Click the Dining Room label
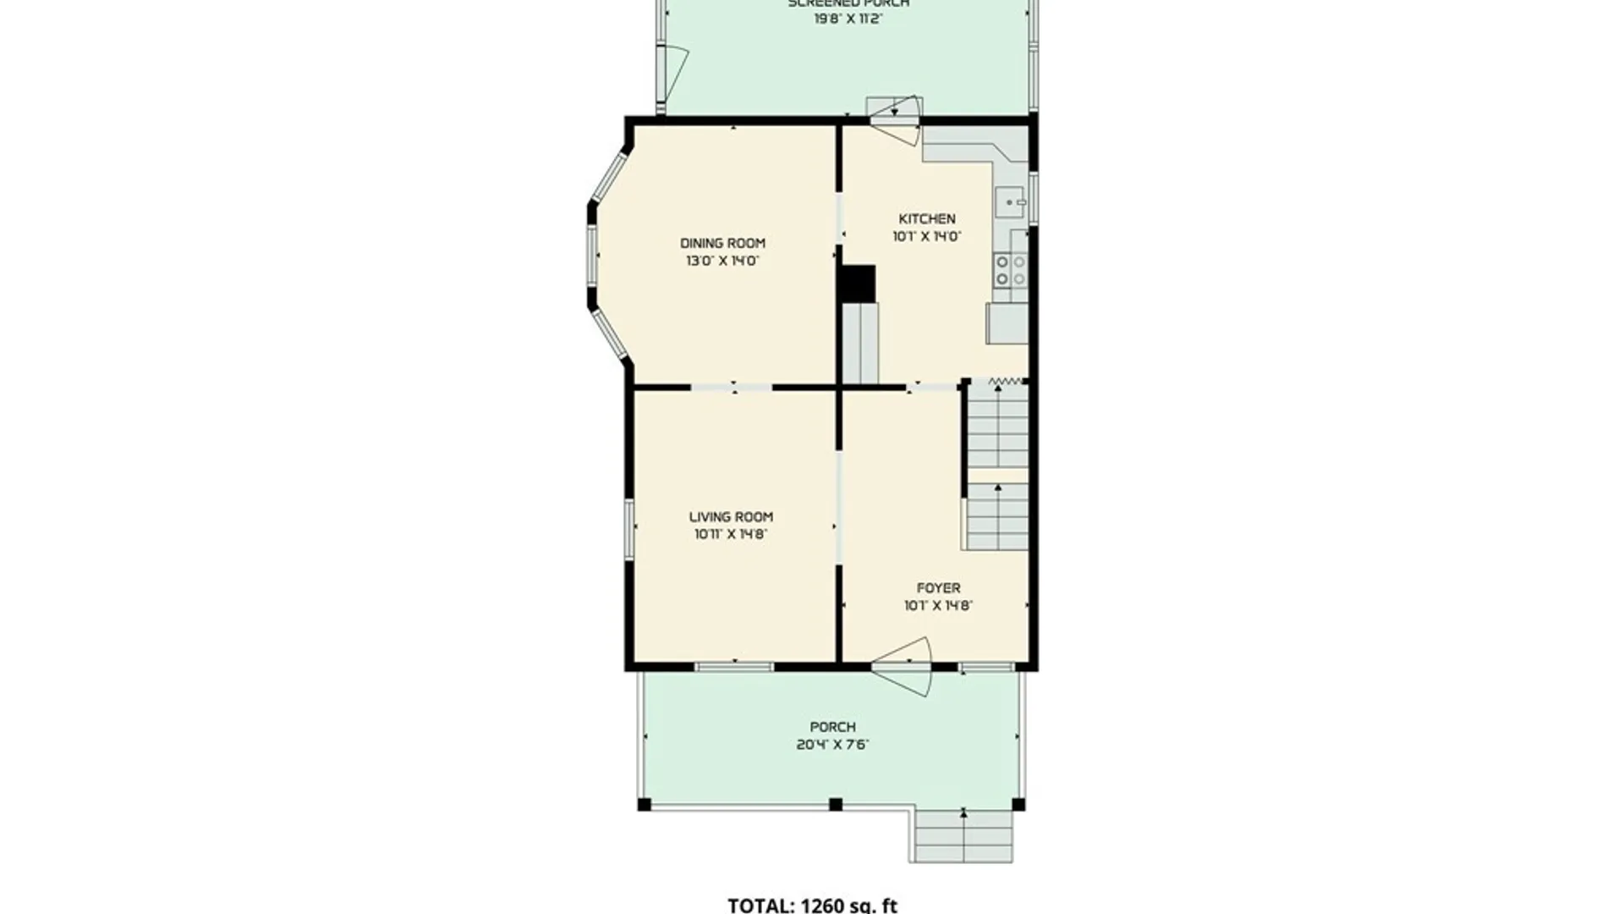pyautogui.click(x=722, y=243)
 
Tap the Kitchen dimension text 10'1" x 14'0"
pyautogui.click(x=926, y=237)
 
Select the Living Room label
pyautogui.click(x=731, y=516)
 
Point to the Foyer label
pyautogui.click(x=938, y=587)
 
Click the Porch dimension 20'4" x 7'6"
pyautogui.click(x=832, y=745)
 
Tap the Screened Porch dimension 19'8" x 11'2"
pyautogui.click(x=848, y=19)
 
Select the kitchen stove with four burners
pyautogui.click(x=1010, y=270)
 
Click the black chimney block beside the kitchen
pyautogui.click(x=857, y=284)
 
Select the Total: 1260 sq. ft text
pyautogui.click(x=812, y=905)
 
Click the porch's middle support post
pyautogui.click(x=836, y=804)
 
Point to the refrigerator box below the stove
pyautogui.click(x=1007, y=323)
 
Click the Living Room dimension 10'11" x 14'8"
pyautogui.click(x=731, y=534)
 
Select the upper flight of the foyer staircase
pyautogui.click(x=997, y=427)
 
